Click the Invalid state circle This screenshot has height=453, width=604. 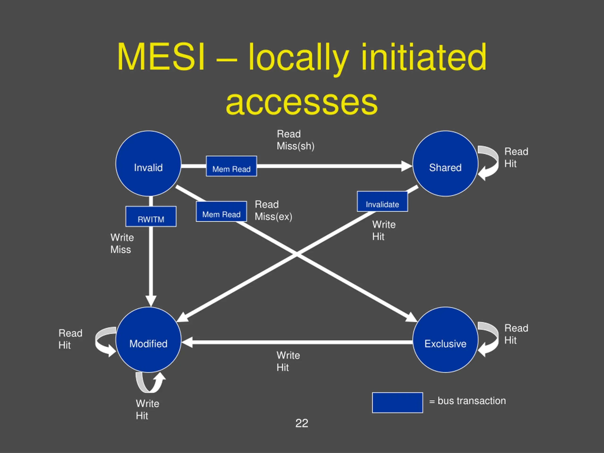(x=148, y=163)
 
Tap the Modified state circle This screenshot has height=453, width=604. (x=148, y=340)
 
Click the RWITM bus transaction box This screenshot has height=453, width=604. (x=151, y=216)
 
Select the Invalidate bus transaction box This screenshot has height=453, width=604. (x=382, y=201)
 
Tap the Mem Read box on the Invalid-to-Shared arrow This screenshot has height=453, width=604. (x=231, y=166)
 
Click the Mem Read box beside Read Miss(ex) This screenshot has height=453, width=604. (x=221, y=211)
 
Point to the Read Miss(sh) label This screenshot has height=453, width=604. (x=295, y=140)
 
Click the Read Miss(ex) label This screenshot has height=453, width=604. (x=273, y=210)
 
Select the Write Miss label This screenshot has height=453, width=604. (x=122, y=243)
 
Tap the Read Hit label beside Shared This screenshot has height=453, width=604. (x=516, y=157)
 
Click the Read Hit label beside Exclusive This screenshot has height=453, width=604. (x=516, y=334)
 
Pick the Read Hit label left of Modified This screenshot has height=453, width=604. (x=70, y=339)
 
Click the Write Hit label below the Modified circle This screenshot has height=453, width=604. (x=147, y=409)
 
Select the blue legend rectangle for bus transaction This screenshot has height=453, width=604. (x=397, y=403)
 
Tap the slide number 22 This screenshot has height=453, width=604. (x=302, y=423)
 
